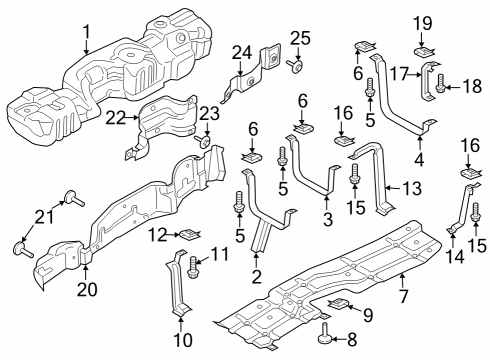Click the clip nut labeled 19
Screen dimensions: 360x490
pyautogui.click(x=423, y=47)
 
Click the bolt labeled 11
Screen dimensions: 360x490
pyautogui.click(x=193, y=265)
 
